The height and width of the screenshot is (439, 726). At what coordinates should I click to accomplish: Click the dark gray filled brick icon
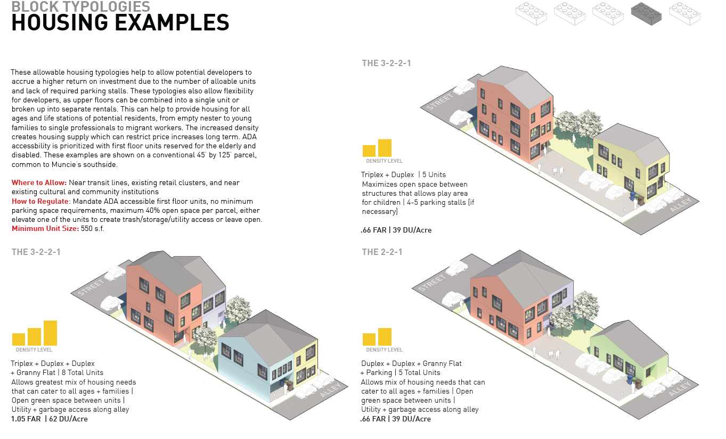tap(646, 14)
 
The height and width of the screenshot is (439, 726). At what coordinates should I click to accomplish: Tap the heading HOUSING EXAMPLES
tap(120, 23)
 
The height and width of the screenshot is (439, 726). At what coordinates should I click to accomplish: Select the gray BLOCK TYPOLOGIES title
tap(80, 6)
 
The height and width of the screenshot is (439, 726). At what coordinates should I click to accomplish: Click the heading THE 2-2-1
tap(382, 252)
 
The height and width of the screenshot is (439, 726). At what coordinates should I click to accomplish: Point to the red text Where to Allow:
tap(39, 183)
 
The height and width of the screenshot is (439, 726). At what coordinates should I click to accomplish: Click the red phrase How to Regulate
tap(40, 201)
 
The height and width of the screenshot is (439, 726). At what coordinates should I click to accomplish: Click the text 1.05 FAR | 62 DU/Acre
tap(50, 419)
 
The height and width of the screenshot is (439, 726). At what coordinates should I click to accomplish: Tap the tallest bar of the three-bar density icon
tap(50, 333)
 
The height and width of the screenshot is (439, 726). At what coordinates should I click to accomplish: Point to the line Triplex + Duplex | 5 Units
tap(403, 174)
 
